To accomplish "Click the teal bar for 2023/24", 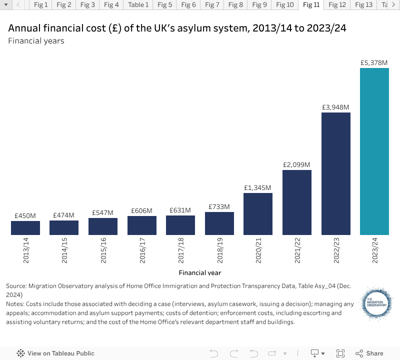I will coord(374,151).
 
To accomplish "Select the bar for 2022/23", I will coord(335,173).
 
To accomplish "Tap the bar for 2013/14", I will coord(25,228).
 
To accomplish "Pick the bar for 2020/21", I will coord(258,213).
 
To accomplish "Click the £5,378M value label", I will coord(374,63).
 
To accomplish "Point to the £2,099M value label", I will coord(296,164).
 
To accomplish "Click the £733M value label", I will coord(219,206).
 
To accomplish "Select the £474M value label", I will coord(63,215).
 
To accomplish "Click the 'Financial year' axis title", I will coord(200,272).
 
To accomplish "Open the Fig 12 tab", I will coord(337,5).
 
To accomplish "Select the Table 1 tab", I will coord(138,5).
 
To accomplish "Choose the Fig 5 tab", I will coord(164,5).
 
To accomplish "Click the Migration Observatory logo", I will coord(375,302).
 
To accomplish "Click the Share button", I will coord(369,353).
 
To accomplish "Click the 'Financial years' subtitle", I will coord(36,40).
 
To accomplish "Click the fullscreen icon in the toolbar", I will coord(340,353).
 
